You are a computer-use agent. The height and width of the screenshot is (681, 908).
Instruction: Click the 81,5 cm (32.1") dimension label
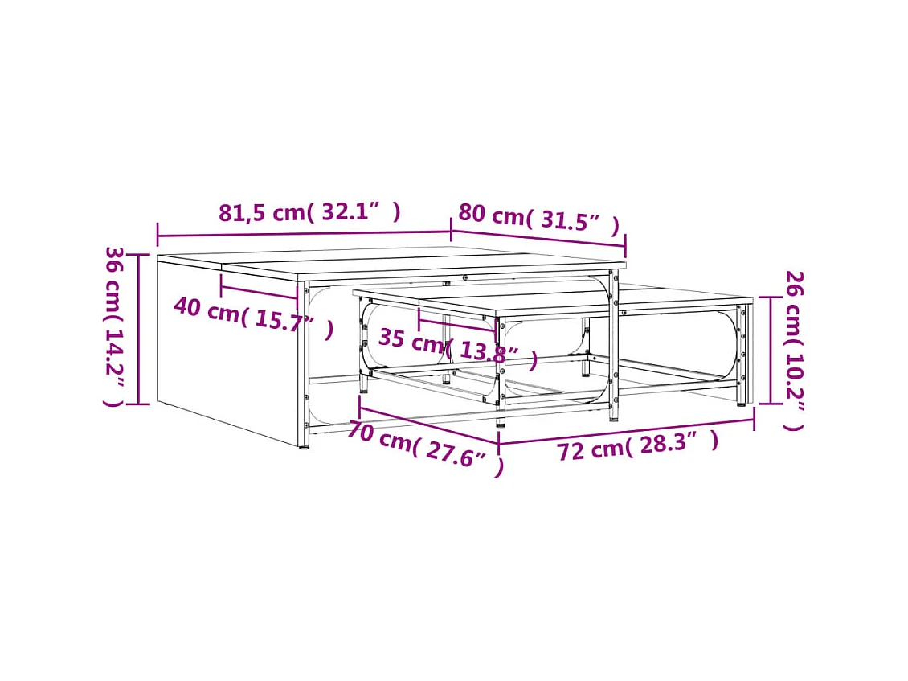[309, 213]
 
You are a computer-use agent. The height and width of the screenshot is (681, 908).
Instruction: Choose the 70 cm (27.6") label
[425, 445]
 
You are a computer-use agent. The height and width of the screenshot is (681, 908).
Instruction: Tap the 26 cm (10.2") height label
[794, 350]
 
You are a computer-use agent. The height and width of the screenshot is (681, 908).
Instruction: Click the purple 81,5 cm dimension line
[304, 234]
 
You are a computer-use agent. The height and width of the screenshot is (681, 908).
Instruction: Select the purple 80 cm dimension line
[538, 238]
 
